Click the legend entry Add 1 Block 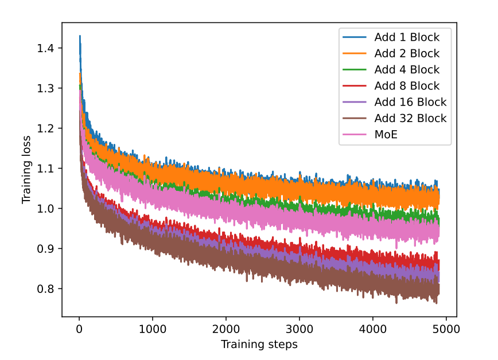(x=407, y=38)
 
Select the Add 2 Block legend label (x=407, y=54)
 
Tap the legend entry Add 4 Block (x=407, y=70)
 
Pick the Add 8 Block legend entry (x=407, y=86)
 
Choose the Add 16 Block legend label (x=410, y=103)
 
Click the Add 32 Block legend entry (x=410, y=119)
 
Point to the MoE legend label (x=386, y=135)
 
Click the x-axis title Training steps (x=259, y=345)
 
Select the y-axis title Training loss (x=26, y=170)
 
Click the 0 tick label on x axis (x=79, y=329)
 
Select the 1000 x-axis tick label (x=153, y=329)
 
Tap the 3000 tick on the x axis (x=299, y=329)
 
